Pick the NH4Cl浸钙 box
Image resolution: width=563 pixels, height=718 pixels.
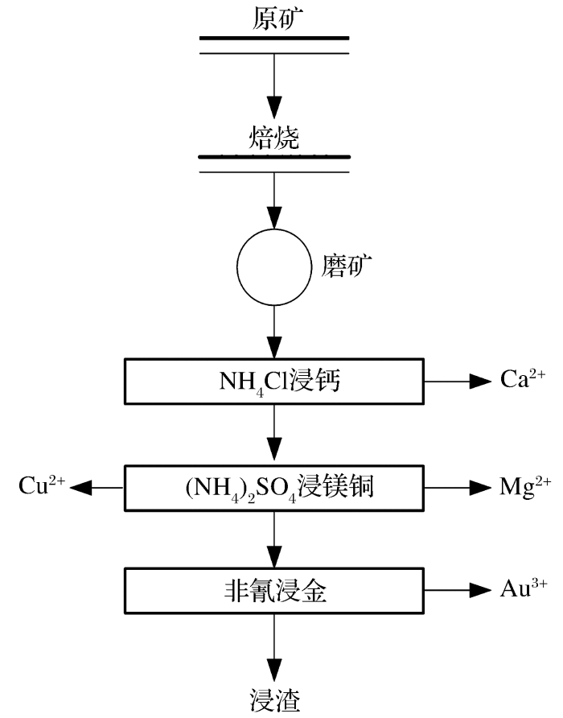[274, 382]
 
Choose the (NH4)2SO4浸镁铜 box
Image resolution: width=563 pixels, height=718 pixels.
[274, 486]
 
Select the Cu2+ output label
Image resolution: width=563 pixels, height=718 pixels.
[42, 485]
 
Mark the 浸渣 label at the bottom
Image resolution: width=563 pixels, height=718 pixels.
[274, 699]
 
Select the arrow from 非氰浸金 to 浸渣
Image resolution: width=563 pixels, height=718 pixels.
[274, 644]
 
